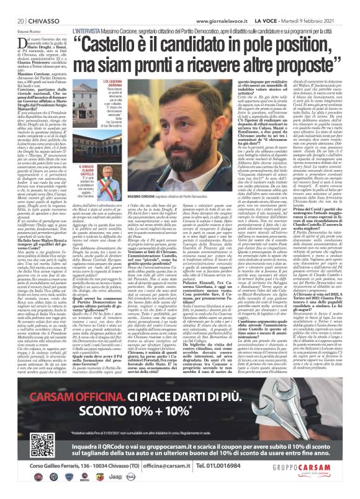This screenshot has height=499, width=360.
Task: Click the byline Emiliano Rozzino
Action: pos(22,30)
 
